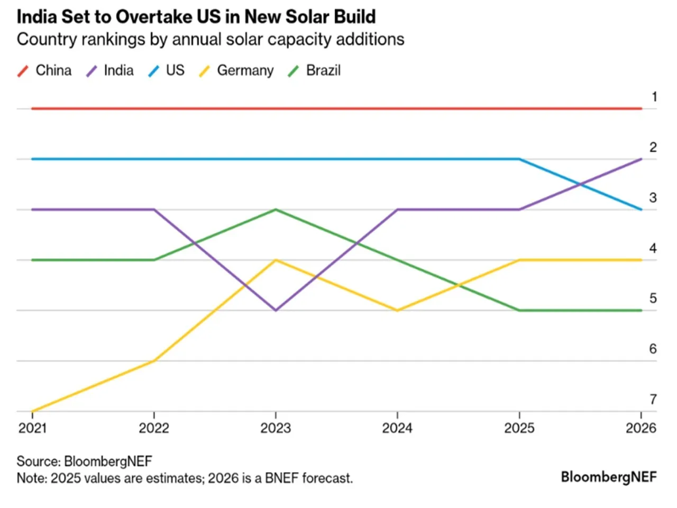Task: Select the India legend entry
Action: click(x=111, y=70)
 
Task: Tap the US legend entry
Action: click(x=167, y=70)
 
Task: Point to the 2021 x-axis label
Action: click(x=32, y=428)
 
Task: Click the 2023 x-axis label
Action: click(x=276, y=428)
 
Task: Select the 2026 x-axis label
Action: click(x=641, y=428)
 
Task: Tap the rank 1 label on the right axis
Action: click(x=654, y=97)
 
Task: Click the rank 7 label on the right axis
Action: click(x=653, y=399)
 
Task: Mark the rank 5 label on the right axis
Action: click(x=653, y=298)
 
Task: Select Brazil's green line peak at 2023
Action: click(x=276, y=210)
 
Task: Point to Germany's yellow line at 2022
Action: click(x=154, y=361)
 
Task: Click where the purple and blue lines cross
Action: click(x=580, y=184)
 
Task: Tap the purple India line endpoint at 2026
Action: click(x=641, y=159)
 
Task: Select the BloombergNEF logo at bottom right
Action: click(x=608, y=477)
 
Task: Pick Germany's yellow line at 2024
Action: click(x=397, y=310)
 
